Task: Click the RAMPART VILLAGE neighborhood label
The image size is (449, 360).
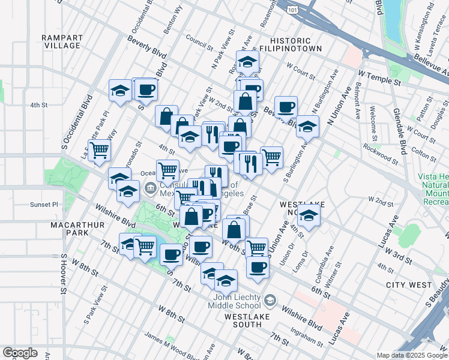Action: tap(62, 41)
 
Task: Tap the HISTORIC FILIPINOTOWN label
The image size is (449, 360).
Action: tap(292, 43)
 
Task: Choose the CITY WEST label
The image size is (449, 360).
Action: tap(409, 284)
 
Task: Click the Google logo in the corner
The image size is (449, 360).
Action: tap(20, 353)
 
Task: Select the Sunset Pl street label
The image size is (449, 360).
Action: tap(44, 205)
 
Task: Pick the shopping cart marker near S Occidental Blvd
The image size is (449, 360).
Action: tap(99, 149)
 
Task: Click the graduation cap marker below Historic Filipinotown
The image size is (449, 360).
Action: tap(247, 61)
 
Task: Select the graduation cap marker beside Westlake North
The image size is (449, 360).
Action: tap(309, 215)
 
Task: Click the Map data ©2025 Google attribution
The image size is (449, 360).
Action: tap(412, 355)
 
